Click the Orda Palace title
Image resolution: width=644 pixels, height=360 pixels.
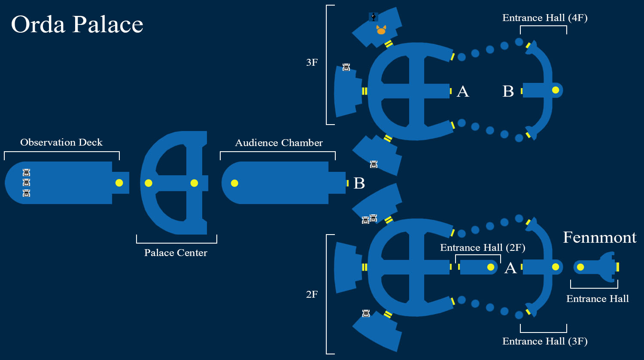pos(77,25)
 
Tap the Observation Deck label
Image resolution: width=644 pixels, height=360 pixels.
pos(61,142)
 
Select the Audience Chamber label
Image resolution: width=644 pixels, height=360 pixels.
pos(279,143)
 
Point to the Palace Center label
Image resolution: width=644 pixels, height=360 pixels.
pos(176,253)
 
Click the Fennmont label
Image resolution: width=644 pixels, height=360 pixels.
pos(600,238)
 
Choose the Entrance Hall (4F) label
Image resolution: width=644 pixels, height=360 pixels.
pos(545,18)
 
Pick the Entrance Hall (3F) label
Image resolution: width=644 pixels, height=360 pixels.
pos(545,341)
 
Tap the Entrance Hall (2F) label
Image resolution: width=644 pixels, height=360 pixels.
pos(483,248)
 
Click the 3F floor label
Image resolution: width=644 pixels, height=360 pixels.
pos(312,62)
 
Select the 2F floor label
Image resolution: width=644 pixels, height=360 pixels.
pos(312,294)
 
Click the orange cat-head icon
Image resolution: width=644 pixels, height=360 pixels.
pos(381,30)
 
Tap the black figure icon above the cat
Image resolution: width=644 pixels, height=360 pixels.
pos(374,17)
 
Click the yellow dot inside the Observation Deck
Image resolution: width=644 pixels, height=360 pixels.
pos(119,183)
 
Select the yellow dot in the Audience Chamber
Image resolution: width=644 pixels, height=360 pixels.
pos(234,183)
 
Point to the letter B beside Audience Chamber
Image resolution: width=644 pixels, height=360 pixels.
pos(359,183)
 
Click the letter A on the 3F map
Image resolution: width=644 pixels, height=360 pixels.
pos(463,92)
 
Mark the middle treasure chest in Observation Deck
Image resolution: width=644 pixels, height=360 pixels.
pos(27,183)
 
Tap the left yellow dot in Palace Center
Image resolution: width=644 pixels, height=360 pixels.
pos(149,183)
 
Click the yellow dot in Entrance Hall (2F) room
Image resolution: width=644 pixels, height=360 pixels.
pos(491,267)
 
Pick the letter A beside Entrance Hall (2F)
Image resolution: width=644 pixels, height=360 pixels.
pos(510,268)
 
